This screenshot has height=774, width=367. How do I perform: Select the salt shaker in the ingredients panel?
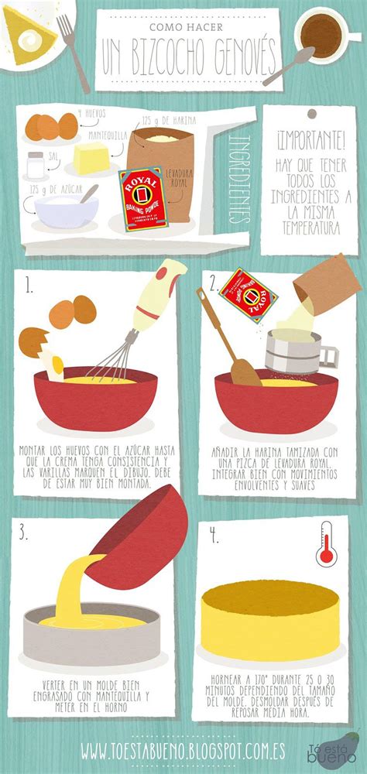(35, 164)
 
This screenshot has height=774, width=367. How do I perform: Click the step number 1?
(29, 286)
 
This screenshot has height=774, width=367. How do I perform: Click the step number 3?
(25, 533)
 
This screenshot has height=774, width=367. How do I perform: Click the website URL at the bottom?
(183, 750)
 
